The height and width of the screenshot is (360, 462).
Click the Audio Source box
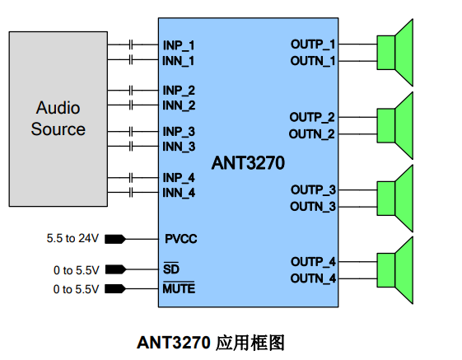coord(58,119)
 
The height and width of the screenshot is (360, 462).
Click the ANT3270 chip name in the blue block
coord(247,163)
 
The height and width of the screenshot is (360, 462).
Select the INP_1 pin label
coord(179,44)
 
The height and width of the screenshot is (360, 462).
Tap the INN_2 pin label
coord(179,105)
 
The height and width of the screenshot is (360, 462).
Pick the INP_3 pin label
coord(179,132)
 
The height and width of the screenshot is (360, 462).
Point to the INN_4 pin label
coord(179,193)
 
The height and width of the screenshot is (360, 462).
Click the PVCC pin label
coord(180,239)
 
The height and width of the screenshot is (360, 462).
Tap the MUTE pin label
coord(179,289)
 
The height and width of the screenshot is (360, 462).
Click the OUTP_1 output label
coord(313,44)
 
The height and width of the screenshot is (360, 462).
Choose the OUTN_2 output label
coord(312,133)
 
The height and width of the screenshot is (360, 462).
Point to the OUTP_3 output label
coord(313,189)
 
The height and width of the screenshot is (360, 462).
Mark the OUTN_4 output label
coord(313,278)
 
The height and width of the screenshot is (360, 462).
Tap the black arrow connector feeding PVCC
coord(115,239)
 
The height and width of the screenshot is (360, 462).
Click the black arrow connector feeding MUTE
coord(115,289)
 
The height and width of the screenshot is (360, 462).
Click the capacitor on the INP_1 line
coord(132,44)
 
